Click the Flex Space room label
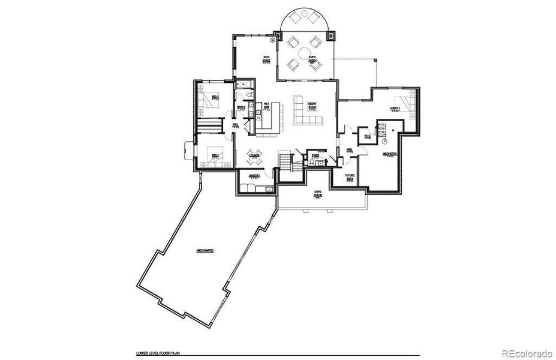pyautogui.click(x=266, y=59)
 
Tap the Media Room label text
pyautogui.click(x=312, y=106)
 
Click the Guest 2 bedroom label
pyautogui.click(x=395, y=109)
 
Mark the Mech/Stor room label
pyautogui.click(x=390, y=155)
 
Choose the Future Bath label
pyautogui.click(x=350, y=178)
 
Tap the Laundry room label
pyautogui.click(x=254, y=176)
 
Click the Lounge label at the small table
pyautogui.click(x=254, y=157)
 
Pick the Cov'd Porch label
pyautogui.click(x=318, y=195)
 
